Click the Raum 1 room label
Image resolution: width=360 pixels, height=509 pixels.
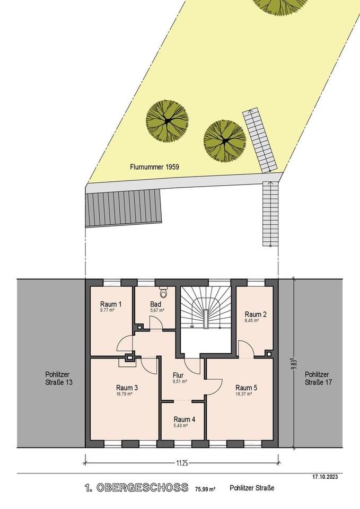(x=111, y=304)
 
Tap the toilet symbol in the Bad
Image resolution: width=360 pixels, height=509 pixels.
(x=163, y=292)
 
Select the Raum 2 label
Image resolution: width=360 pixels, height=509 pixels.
(x=256, y=314)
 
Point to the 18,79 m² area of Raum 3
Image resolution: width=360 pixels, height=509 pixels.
(x=127, y=394)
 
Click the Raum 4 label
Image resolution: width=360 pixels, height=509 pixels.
(x=185, y=419)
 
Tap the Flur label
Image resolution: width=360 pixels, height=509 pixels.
(x=178, y=375)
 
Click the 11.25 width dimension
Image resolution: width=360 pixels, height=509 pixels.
(x=182, y=463)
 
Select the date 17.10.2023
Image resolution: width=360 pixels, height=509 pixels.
(x=325, y=477)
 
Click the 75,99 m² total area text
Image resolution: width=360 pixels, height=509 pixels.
(x=206, y=488)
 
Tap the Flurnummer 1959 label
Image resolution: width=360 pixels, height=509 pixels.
(x=154, y=167)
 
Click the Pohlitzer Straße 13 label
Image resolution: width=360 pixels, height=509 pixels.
(x=59, y=379)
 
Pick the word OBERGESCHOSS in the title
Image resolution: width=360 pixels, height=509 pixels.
(x=142, y=487)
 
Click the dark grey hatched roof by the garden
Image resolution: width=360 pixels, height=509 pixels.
(x=124, y=208)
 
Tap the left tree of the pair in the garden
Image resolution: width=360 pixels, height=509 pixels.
(x=167, y=121)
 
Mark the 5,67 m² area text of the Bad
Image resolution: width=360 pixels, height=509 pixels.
(x=157, y=310)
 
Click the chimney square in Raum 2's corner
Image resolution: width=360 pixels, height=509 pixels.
(x=269, y=354)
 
